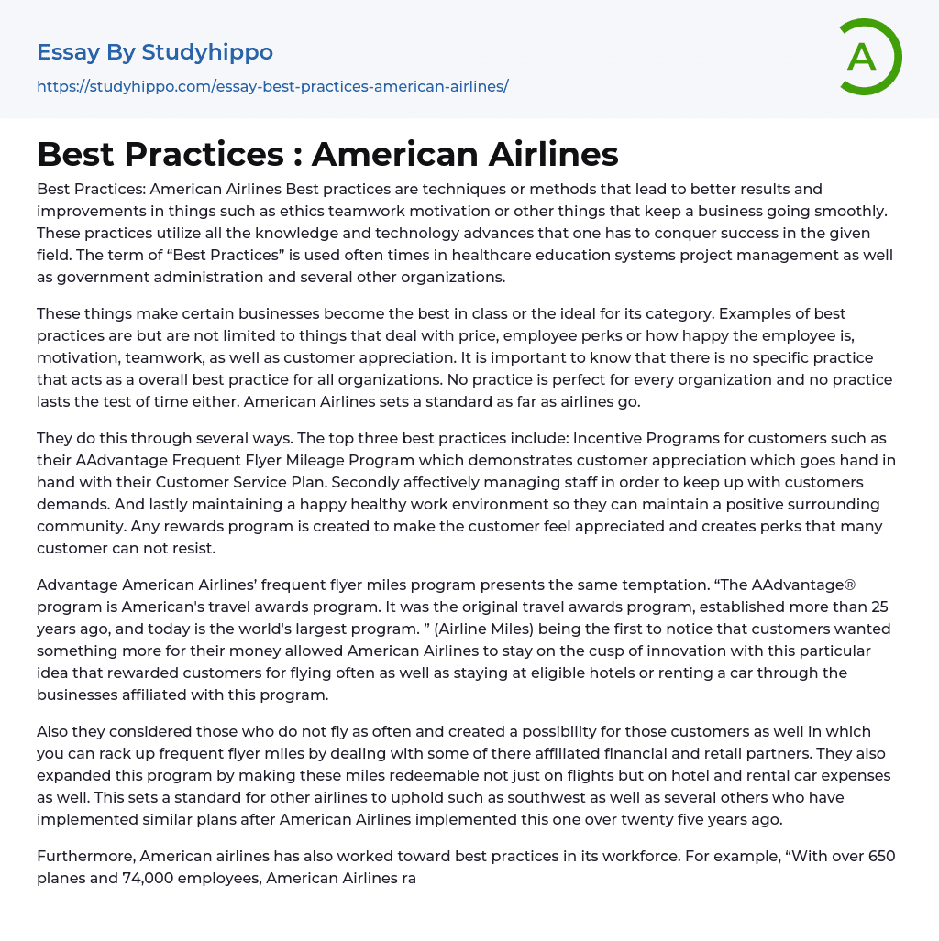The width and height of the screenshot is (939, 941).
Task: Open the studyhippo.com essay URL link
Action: pos(272,86)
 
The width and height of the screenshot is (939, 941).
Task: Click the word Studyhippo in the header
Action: pos(207,52)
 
